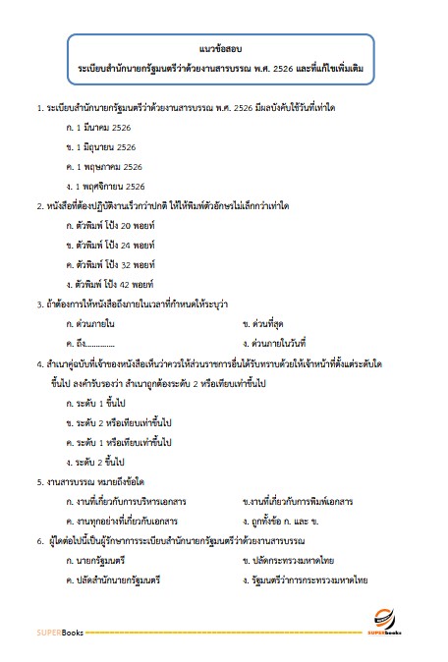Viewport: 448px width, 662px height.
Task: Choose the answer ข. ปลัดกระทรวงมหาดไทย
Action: coord(290,560)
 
